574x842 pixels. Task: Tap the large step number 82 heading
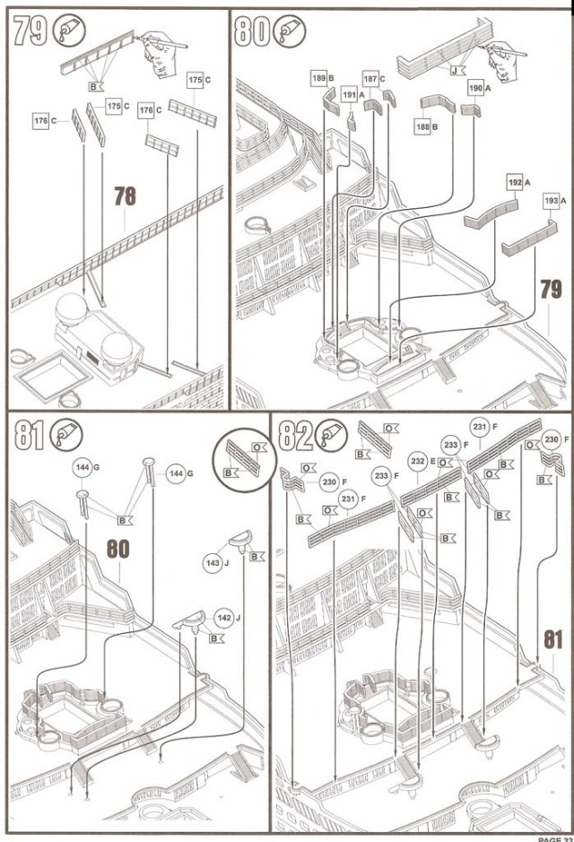tap(294, 437)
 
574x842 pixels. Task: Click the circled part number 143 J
tap(213, 564)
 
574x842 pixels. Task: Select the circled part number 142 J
tap(224, 618)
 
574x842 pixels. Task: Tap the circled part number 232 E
tap(417, 461)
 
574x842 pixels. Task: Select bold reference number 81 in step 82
tap(552, 640)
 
